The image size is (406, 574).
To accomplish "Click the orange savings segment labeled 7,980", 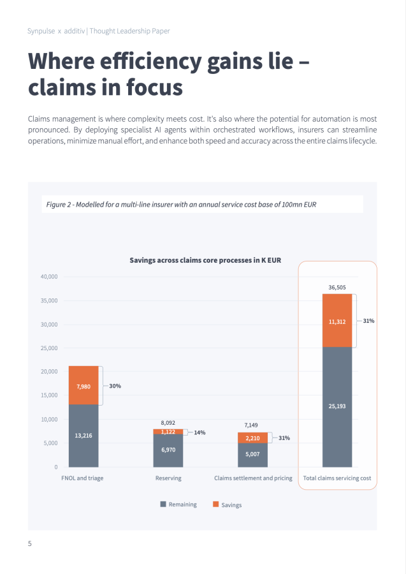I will click(x=83, y=386).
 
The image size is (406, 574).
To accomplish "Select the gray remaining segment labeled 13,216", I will click(x=83, y=436).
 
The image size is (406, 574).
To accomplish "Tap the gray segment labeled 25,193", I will click(x=337, y=406).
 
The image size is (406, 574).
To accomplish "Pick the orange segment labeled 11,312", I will click(x=337, y=321).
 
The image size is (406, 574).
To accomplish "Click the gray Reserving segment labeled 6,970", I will click(x=168, y=450).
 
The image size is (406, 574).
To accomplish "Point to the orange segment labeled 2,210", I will click(x=252, y=438).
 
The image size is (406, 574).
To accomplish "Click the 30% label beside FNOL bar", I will click(x=115, y=386).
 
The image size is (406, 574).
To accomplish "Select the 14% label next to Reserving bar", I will click(x=199, y=432).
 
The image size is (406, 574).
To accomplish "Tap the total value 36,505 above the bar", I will click(x=337, y=288).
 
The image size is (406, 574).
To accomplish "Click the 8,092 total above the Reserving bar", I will click(x=168, y=422).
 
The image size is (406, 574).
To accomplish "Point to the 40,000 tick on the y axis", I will click(x=49, y=277).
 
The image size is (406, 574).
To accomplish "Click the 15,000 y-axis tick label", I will click(x=49, y=395).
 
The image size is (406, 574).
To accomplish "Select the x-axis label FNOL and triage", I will click(x=82, y=478).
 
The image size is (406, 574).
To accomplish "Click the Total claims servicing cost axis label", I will click(x=337, y=478).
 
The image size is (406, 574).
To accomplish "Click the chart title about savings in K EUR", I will click(x=205, y=260).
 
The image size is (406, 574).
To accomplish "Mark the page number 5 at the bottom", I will click(x=30, y=543).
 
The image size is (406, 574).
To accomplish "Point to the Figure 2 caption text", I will click(x=182, y=204).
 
